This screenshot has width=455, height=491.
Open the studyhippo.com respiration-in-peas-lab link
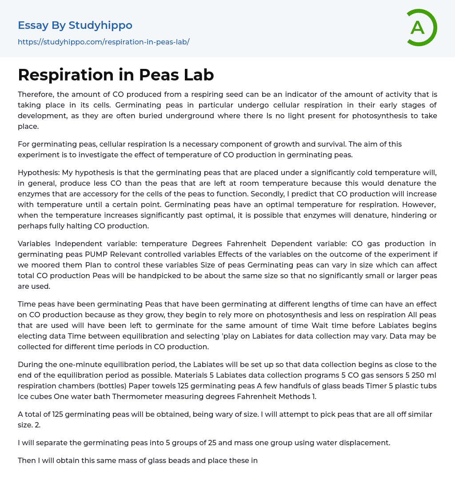104,42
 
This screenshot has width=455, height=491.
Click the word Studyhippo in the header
100,25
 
